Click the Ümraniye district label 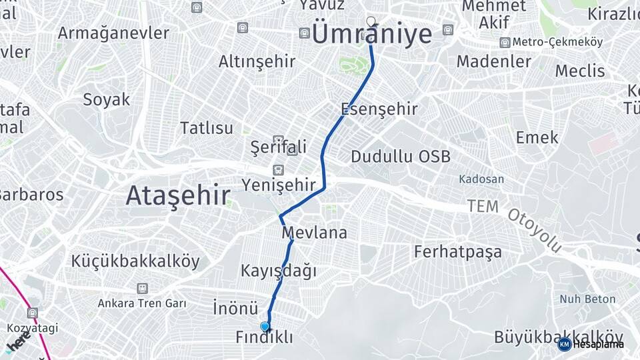pyautogui.click(x=372, y=35)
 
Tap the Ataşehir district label pyautogui.click(x=178, y=196)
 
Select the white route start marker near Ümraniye pyautogui.click(x=371, y=21)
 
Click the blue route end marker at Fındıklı pyautogui.click(x=266, y=326)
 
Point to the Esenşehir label pyautogui.click(x=379, y=109)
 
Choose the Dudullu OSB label pyautogui.click(x=401, y=157)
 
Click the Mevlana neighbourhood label pyautogui.click(x=314, y=233)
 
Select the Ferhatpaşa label pyautogui.click(x=458, y=251)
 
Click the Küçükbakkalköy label pyautogui.click(x=135, y=261)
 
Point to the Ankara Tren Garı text pyautogui.click(x=141, y=303)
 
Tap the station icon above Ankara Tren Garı pyautogui.click(x=141, y=289)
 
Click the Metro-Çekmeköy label pyautogui.click(x=558, y=43)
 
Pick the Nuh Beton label pyautogui.click(x=587, y=299)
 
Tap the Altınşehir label pyautogui.click(x=257, y=62)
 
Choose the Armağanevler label pyautogui.click(x=113, y=33)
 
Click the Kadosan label pyautogui.click(x=481, y=179)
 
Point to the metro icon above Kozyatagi pyautogui.click(x=32, y=313)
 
